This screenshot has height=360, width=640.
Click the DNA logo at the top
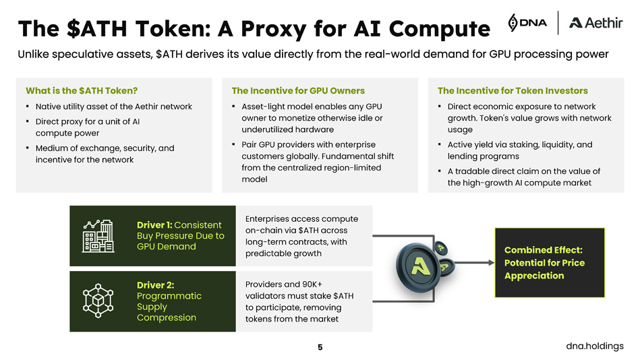point(527,22)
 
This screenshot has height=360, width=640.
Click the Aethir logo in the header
point(595,23)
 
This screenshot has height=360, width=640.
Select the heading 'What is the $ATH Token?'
point(82,90)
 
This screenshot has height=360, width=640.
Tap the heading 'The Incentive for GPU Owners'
point(297,90)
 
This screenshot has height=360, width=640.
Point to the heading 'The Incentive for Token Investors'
point(512,90)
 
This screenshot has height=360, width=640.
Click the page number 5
point(320,347)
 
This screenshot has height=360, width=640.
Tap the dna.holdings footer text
point(595,346)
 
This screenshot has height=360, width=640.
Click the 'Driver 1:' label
point(154,225)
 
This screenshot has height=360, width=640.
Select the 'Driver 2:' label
point(155,285)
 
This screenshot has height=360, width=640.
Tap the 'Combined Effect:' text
point(543,249)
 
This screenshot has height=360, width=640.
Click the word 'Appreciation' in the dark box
point(534,276)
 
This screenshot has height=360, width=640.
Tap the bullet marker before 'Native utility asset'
point(26,107)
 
